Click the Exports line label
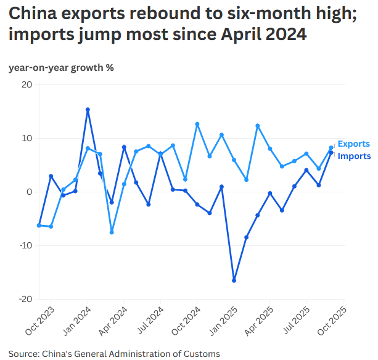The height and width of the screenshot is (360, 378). (x=354, y=144)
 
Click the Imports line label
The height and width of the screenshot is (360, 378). (x=354, y=156)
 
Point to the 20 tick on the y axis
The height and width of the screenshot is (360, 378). (x=26, y=84)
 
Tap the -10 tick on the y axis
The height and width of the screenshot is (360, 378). (x=24, y=245)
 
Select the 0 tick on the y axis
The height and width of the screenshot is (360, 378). (x=29, y=192)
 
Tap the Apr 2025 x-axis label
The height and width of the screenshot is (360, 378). (x=260, y=321)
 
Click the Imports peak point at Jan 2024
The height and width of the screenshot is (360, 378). (x=88, y=110)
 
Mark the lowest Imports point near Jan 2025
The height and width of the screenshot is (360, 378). (x=234, y=280)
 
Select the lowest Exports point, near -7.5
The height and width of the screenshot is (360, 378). (x=112, y=232)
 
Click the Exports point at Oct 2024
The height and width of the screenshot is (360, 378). (x=197, y=124)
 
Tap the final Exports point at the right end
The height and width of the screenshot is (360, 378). (x=331, y=147)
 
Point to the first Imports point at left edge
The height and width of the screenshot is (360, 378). (x=39, y=226)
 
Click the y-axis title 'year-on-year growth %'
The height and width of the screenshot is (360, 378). (x=60, y=68)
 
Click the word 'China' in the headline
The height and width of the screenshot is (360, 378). (x=33, y=14)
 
